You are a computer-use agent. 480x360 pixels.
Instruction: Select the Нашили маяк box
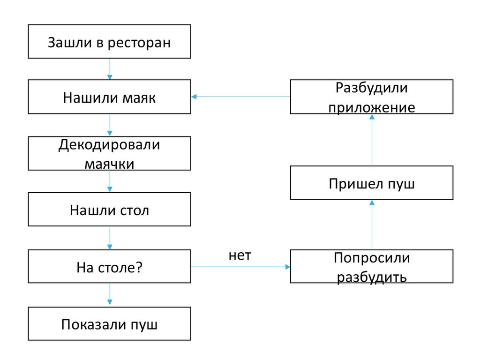109,97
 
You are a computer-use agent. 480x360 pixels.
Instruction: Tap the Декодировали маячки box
109,153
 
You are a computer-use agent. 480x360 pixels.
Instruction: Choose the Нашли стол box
109,210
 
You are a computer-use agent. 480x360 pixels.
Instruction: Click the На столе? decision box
109,267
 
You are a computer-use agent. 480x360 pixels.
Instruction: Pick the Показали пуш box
109,324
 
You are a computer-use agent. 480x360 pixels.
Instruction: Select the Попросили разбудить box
372,267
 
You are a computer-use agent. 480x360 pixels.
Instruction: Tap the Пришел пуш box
372,183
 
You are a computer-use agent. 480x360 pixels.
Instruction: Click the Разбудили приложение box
372,97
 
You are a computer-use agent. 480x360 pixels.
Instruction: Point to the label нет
240,255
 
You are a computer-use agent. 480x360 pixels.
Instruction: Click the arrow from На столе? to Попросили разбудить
240,267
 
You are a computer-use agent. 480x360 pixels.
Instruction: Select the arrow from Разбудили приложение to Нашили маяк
240,97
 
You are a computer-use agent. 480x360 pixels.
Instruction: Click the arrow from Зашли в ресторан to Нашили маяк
110,69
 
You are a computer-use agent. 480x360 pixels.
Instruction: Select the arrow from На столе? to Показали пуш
110,295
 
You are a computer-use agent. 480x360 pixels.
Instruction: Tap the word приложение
372,107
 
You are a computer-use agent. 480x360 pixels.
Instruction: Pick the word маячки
109,164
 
